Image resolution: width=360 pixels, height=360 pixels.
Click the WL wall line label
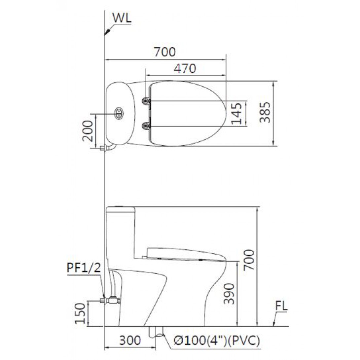tap(122, 18)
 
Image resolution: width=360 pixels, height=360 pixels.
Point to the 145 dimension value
tap(236, 113)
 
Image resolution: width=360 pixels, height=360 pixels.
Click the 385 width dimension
tap(265, 113)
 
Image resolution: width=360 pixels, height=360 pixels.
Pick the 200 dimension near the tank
tap(88, 130)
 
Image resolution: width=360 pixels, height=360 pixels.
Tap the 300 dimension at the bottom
tap(130, 340)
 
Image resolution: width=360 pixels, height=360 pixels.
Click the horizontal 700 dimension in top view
tap(165, 52)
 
